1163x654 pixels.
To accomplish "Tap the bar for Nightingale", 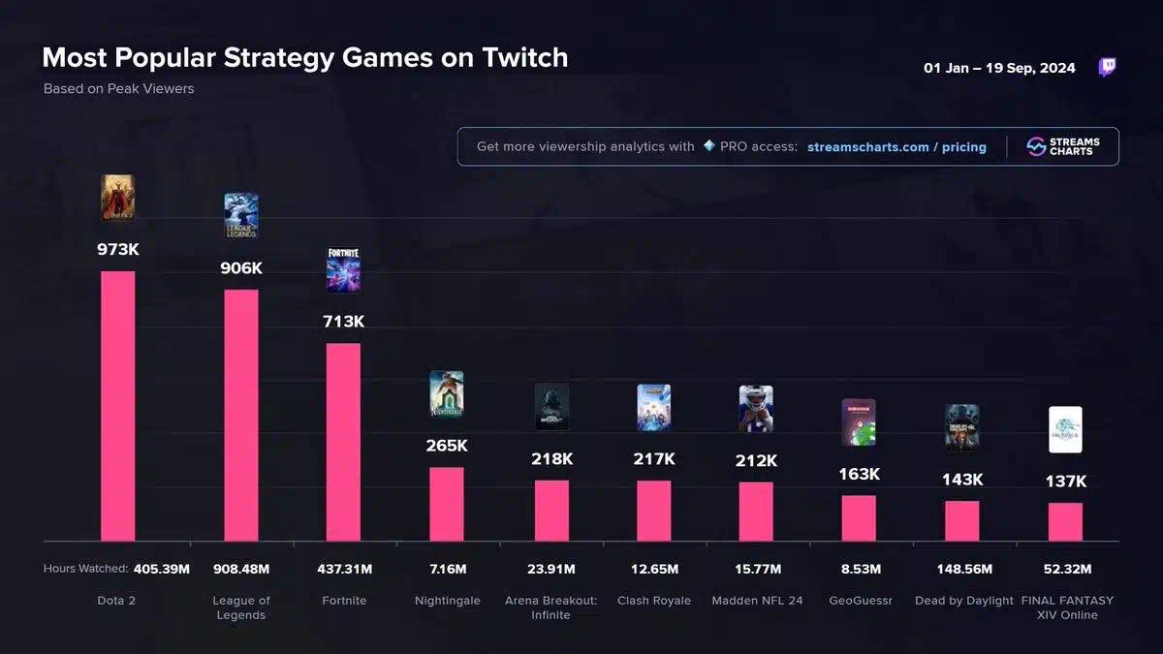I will [x=447, y=504].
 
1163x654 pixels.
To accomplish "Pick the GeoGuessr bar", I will [x=859, y=517].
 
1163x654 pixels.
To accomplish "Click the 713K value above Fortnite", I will [x=343, y=322].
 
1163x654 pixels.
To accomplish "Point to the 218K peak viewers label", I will [x=551, y=459].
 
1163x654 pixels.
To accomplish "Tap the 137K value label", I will [x=1065, y=482].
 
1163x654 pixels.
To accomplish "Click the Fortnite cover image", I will [x=343, y=269].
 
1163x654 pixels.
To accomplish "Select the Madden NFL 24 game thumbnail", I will [x=756, y=409].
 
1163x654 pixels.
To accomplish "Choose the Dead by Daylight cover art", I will [x=962, y=428].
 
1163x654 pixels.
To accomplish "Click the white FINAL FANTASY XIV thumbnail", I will [x=1065, y=430].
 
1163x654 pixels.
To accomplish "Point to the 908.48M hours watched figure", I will [x=241, y=569].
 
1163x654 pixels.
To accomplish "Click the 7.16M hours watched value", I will [x=447, y=569].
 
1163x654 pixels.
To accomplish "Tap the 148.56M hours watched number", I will [x=962, y=569].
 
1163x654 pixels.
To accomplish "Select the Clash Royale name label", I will [x=654, y=601].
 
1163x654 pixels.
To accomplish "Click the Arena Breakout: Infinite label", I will [x=551, y=607].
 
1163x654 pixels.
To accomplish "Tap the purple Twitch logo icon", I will [x=1107, y=67].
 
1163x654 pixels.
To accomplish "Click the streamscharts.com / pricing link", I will [x=896, y=147].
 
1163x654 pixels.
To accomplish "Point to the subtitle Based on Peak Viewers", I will [x=118, y=89].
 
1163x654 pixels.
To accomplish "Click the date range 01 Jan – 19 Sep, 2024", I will [x=999, y=68].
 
